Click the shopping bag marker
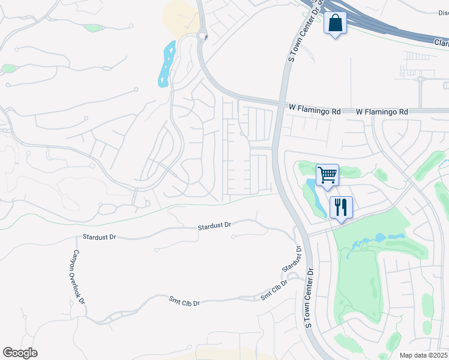coord(335,25)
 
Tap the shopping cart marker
coord(327,175)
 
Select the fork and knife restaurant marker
coord(340,208)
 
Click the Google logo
coord(20,352)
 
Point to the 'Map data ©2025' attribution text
coord(423,355)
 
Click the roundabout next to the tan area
coord(202,37)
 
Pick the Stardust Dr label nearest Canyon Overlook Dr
coord(99,237)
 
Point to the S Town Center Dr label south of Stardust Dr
coord(309,298)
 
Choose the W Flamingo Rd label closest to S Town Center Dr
coord(315,112)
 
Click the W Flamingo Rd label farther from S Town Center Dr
coord(382,112)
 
